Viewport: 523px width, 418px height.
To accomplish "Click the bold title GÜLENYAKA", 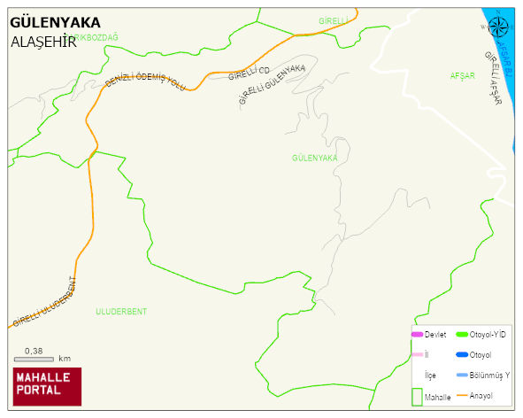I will (55, 22).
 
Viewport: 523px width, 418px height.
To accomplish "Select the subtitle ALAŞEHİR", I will (43, 42).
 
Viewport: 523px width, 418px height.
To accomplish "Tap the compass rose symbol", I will (498, 26).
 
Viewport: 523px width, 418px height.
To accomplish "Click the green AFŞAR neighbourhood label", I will (463, 76).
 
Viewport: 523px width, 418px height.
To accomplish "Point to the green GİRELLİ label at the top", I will (335, 20).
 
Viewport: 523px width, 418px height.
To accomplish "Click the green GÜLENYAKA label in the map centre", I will (314, 158).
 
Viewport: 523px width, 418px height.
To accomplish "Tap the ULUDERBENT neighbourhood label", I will (121, 312).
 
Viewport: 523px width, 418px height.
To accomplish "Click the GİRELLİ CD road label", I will (248, 74).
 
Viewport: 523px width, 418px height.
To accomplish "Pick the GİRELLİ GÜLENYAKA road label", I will (272, 85).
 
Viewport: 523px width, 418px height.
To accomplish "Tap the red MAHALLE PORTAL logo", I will (47, 385).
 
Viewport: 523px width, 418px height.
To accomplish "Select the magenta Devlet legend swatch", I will (417, 334).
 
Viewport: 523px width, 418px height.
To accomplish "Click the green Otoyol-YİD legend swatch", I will (461, 334).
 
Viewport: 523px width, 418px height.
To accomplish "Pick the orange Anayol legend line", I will (461, 395).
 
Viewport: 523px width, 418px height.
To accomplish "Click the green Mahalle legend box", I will (417, 397).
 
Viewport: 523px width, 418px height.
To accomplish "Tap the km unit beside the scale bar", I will (65, 359).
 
